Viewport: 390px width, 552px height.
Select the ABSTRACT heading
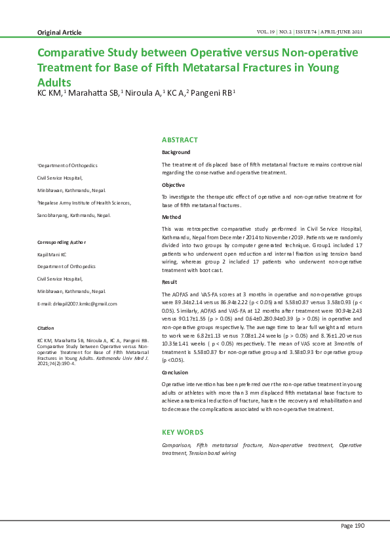pyautogui.click(x=180, y=140)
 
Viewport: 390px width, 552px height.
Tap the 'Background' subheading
pyautogui.click(x=176, y=152)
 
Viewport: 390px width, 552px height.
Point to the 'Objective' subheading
pyautogui.click(x=174, y=186)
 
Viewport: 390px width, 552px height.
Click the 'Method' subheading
pyautogui.click(x=172, y=217)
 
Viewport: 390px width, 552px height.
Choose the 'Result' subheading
pyautogui.click(x=170, y=281)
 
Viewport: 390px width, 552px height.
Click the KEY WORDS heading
pyautogui.click(x=183, y=432)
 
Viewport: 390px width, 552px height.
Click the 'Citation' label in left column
pyautogui.click(x=46, y=327)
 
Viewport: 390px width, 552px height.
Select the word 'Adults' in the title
pyautogui.click(x=56, y=83)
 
